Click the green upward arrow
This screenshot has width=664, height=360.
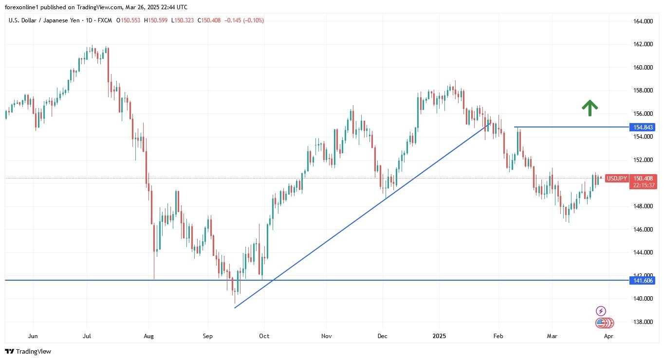coord(590,108)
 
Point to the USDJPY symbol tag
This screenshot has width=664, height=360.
coord(617,179)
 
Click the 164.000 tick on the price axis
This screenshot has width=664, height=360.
coord(643,21)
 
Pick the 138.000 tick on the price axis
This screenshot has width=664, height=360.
coord(643,322)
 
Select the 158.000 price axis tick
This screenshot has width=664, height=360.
coord(643,90)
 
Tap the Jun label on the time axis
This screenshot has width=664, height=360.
coord(33,336)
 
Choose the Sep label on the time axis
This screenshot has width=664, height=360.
coord(208,336)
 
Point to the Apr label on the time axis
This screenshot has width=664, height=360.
coord(608,336)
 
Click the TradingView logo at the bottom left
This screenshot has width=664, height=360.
coord(28,351)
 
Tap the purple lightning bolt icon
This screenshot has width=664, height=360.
coord(601,311)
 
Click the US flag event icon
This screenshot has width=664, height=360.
coord(601,323)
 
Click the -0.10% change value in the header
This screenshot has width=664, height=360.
coord(254,20)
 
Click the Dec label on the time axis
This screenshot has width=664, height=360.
coord(382,336)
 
